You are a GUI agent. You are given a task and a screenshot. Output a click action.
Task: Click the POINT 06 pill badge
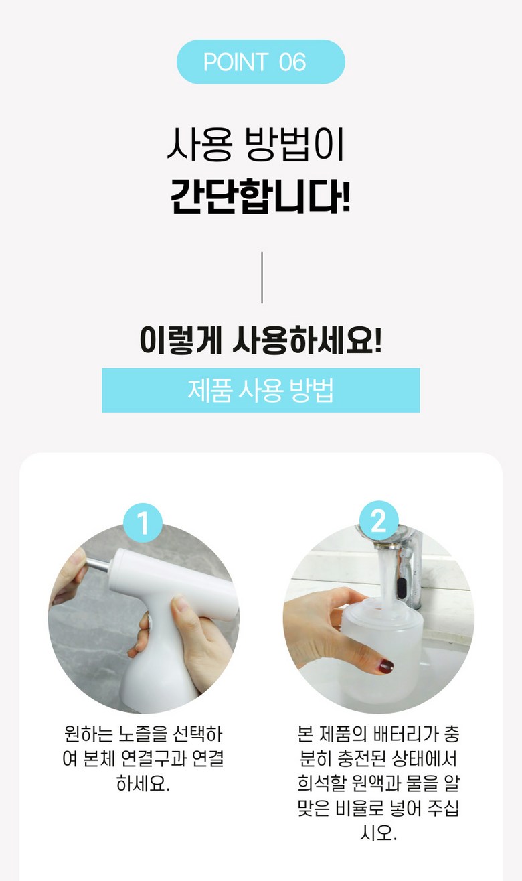[x=261, y=62]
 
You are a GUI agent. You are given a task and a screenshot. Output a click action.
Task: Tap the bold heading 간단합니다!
[x=260, y=196]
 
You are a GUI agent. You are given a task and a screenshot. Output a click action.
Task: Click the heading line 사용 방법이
[x=256, y=145]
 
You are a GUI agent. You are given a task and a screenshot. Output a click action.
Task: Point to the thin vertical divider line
[x=262, y=277]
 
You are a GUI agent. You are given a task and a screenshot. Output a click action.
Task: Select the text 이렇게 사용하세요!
[x=261, y=340]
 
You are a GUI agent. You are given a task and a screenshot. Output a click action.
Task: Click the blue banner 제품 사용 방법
[x=261, y=390]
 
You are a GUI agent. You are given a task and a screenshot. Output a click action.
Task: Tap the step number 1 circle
[x=143, y=523]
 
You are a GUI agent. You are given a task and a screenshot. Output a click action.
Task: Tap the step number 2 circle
[x=379, y=521]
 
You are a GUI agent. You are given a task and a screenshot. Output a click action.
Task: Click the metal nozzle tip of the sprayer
[x=96, y=565]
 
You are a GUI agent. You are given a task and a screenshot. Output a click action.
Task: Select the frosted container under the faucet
[x=381, y=651]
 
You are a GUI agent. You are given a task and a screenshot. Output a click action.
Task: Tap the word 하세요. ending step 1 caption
[x=143, y=783]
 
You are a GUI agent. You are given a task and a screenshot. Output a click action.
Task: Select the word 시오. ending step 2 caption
[x=378, y=833]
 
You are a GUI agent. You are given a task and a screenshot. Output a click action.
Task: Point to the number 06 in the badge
[x=292, y=62]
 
